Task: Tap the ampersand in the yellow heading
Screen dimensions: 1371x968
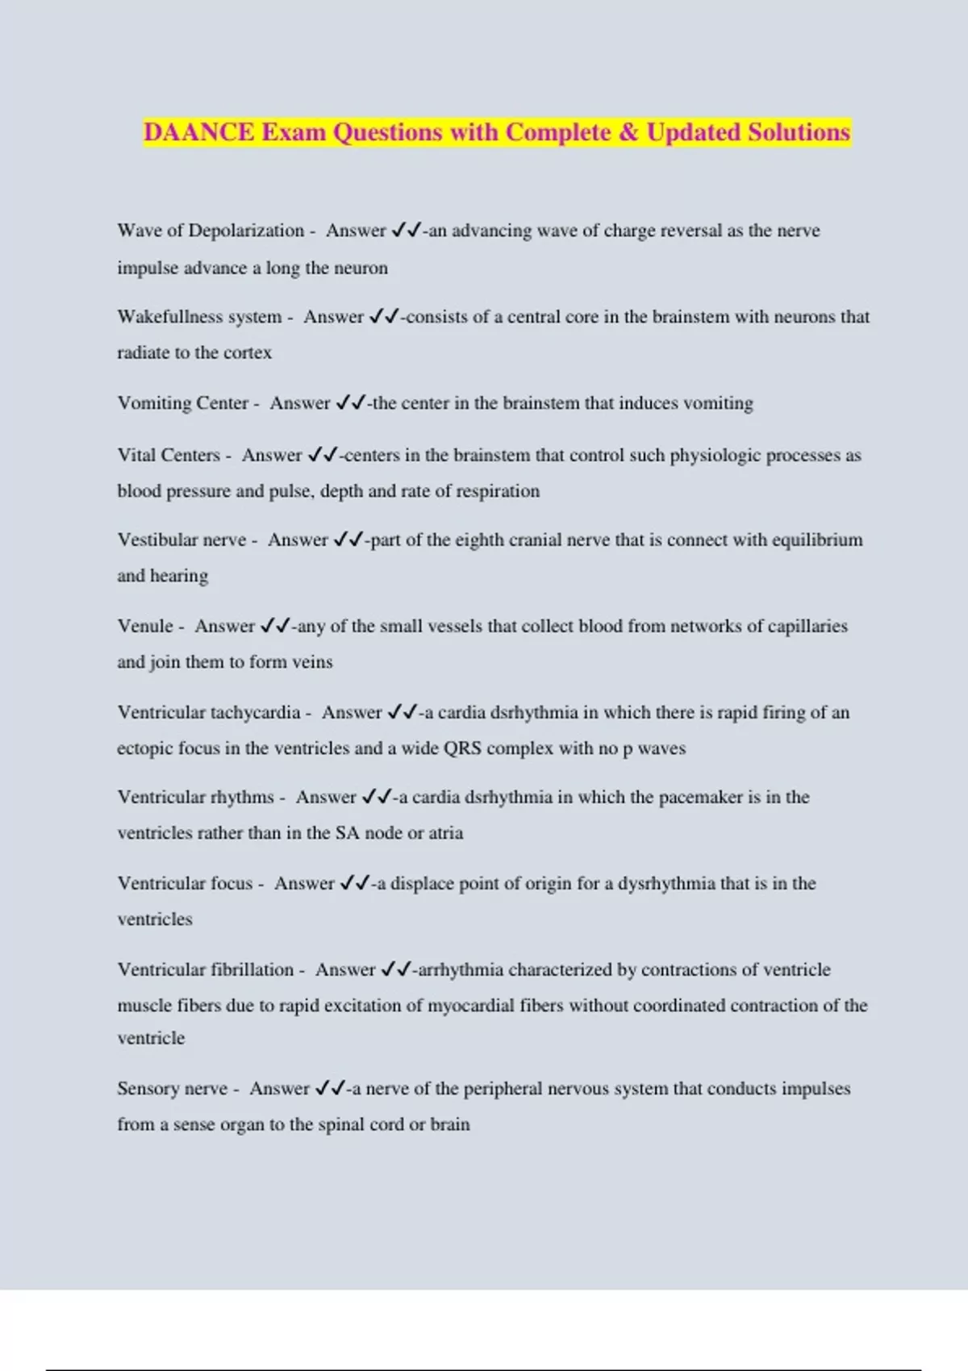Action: tap(628, 132)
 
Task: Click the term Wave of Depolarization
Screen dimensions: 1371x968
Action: tap(211, 231)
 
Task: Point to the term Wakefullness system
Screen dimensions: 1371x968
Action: tap(199, 317)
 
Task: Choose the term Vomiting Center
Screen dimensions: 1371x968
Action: tap(183, 403)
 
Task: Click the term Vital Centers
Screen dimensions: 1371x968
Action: tap(169, 455)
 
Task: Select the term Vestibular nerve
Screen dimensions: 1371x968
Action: tap(181, 540)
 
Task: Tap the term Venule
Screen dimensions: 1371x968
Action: tap(145, 626)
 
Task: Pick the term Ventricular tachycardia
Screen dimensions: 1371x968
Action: tap(209, 712)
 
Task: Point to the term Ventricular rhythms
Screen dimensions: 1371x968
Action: tap(196, 797)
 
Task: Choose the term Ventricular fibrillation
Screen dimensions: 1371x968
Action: tap(206, 969)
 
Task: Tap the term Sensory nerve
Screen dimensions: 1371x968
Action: tap(173, 1089)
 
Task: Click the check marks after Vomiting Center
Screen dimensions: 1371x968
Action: tap(351, 402)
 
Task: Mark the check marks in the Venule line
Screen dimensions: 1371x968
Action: tap(275, 626)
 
